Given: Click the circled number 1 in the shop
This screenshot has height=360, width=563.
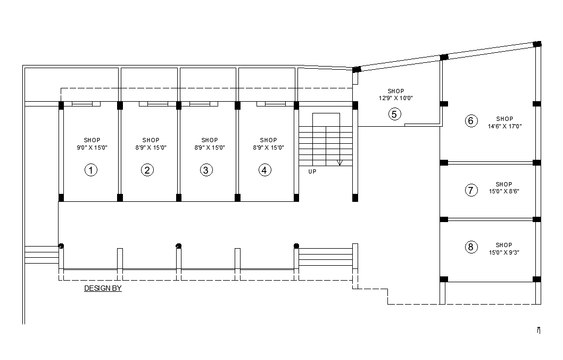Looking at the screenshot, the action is (92, 170).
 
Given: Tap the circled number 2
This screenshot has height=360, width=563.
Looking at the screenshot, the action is (147, 170).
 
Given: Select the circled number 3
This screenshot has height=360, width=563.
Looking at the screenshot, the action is (206, 170).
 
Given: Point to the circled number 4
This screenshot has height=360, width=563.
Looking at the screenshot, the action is (265, 170).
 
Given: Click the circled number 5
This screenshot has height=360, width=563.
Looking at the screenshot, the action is (394, 114).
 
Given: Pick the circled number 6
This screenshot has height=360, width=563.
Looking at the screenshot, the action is (470, 121).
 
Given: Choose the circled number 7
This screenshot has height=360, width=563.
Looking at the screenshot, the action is (471, 190).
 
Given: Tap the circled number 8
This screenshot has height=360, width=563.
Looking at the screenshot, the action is (470, 247).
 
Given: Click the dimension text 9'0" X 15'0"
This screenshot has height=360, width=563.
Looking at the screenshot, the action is (92, 148).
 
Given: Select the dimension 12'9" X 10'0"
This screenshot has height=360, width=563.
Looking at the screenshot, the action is (396, 98).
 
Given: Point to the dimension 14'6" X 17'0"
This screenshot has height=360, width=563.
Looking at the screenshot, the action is (504, 127).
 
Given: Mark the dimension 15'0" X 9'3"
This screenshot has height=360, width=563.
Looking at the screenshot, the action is (504, 252).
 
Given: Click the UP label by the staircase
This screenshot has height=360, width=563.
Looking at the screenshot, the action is (312, 171).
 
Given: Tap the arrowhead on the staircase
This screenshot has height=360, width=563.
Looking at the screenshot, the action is (340, 162).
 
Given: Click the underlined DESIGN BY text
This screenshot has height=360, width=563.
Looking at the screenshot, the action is (103, 289).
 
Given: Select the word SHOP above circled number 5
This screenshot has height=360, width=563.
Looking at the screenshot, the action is (396, 91).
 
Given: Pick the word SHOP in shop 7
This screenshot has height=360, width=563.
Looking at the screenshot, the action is (504, 185).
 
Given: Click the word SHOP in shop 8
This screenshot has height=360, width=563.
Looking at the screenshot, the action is (504, 246).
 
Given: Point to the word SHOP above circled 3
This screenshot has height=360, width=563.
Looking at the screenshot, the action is (210, 141).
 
